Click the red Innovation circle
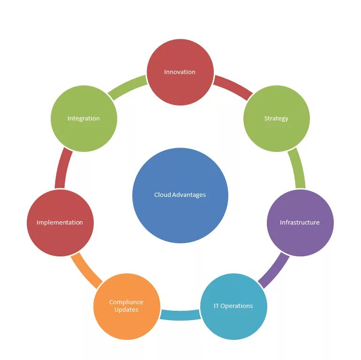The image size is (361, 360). pyautogui.click(x=180, y=72)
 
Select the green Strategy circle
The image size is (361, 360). pyautogui.click(x=276, y=119)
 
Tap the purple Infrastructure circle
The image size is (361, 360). pyautogui.click(x=300, y=223)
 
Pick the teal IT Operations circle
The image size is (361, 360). pyautogui.click(x=233, y=306)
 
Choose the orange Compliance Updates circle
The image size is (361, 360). pyautogui.click(x=126, y=306)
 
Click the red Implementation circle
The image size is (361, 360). pyautogui.click(x=60, y=223)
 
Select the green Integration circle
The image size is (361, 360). pyautogui.click(x=83, y=119)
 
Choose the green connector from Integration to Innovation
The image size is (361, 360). pyautogui.click(x=128, y=87)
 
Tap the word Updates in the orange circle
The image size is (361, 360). pyautogui.click(x=126, y=310)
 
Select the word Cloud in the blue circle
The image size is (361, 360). pyautogui.click(x=162, y=195)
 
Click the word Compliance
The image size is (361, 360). pyautogui.click(x=126, y=302)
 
